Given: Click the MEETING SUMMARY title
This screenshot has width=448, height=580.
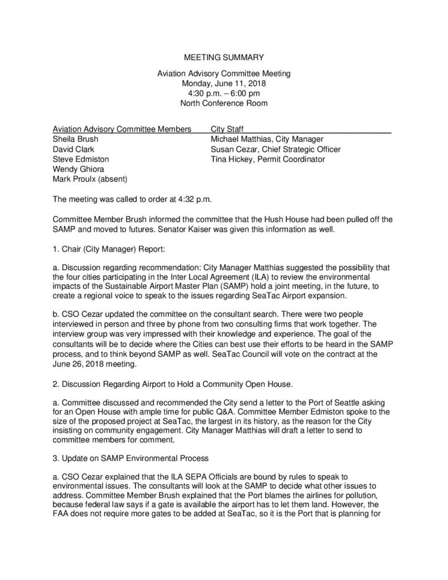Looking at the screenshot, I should tap(224, 57).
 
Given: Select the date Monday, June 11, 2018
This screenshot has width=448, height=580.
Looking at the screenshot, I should tap(224, 83).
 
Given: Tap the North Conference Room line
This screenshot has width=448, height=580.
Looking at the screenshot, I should tap(224, 104).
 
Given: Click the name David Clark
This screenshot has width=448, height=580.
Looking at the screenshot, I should tap(73, 150).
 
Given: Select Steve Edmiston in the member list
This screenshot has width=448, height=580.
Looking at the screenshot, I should tap(80, 160).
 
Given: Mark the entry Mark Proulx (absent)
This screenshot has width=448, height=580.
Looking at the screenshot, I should tap(89, 180).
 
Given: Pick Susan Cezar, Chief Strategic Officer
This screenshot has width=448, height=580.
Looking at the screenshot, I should tap(275, 150).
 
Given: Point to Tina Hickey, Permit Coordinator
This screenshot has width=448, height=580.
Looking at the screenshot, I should tap(267, 160).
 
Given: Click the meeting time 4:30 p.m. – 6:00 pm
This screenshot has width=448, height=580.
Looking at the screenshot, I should tap(224, 93).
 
